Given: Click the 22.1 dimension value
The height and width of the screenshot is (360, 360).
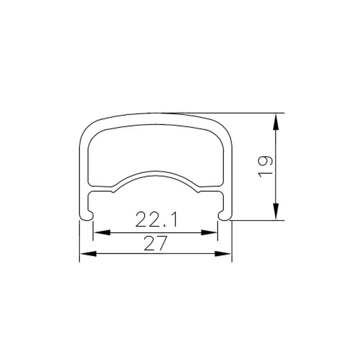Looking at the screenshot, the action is pyautogui.click(x=156, y=219).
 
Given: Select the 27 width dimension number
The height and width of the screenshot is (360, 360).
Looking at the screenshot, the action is pyautogui.click(x=155, y=243).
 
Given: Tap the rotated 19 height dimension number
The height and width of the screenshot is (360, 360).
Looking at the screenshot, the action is pyautogui.click(x=265, y=167).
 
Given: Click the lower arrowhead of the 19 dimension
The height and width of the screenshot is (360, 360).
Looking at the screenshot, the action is pyautogui.click(x=276, y=211).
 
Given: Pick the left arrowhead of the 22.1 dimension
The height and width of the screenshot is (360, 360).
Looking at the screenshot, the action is pyautogui.click(x=102, y=232).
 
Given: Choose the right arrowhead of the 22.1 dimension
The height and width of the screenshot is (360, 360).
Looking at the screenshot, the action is pyautogui.click(x=209, y=232).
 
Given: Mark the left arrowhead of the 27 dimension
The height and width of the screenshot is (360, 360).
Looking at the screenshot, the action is pyautogui.click(x=88, y=253).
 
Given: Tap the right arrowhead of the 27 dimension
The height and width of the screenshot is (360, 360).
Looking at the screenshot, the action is pyautogui.click(x=223, y=253).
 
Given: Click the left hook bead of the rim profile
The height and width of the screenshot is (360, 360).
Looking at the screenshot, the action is pyautogui.click(x=87, y=216).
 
